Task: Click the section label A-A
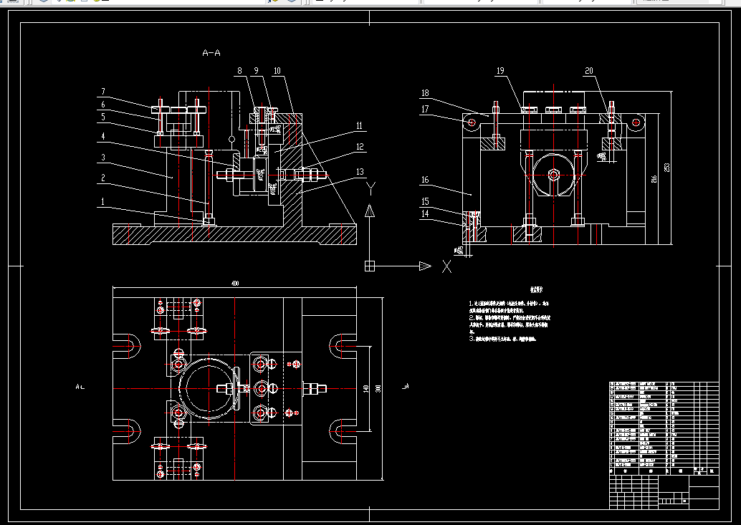211,53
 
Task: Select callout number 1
102,201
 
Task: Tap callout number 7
102,92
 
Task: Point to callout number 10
277,71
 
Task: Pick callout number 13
360,171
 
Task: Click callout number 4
102,136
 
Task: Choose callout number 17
425,109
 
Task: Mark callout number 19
500,71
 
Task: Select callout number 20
589,71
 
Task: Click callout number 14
425,213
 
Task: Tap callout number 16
425,180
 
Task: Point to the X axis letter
446,266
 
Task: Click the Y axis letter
370,188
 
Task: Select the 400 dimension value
235,284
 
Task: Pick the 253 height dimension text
666,166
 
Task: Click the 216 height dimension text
654,179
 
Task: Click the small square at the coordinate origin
369,266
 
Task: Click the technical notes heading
536,290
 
